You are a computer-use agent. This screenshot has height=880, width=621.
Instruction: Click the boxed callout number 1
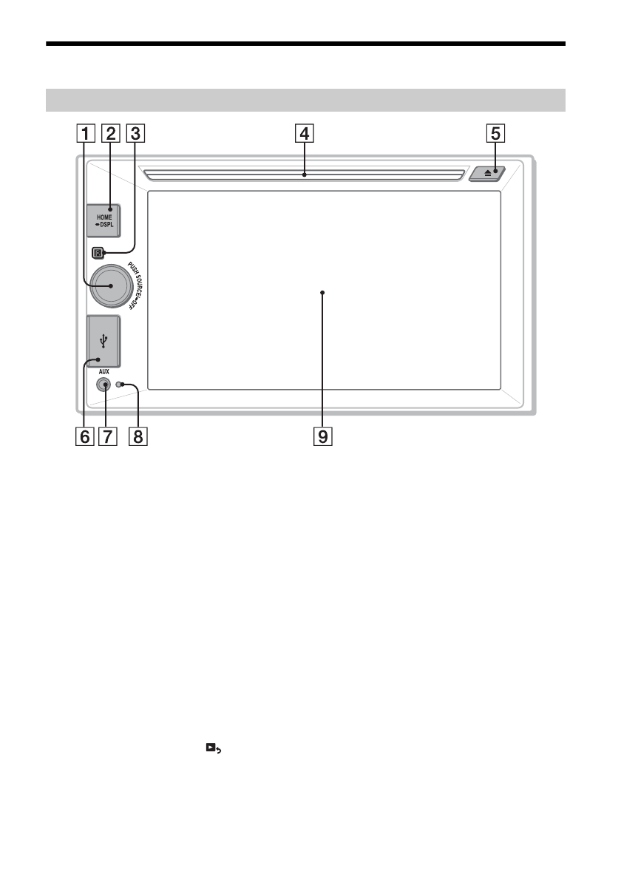tap(85, 134)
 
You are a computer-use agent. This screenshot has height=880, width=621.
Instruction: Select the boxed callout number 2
tap(110, 134)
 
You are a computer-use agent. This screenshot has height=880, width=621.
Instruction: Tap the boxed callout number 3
tap(135, 134)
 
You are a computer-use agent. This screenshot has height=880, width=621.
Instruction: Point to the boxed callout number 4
tap(304, 134)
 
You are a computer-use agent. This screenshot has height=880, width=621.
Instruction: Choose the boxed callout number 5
tap(495, 134)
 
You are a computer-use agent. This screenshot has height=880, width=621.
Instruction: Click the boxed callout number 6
tap(85, 436)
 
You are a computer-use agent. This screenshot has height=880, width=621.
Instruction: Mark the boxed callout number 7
tap(107, 436)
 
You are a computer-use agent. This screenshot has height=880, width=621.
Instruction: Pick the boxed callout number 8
tap(138, 436)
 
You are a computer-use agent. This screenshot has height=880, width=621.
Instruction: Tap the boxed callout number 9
tap(322, 436)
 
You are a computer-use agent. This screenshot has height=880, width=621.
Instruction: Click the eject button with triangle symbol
tap(487, 174)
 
